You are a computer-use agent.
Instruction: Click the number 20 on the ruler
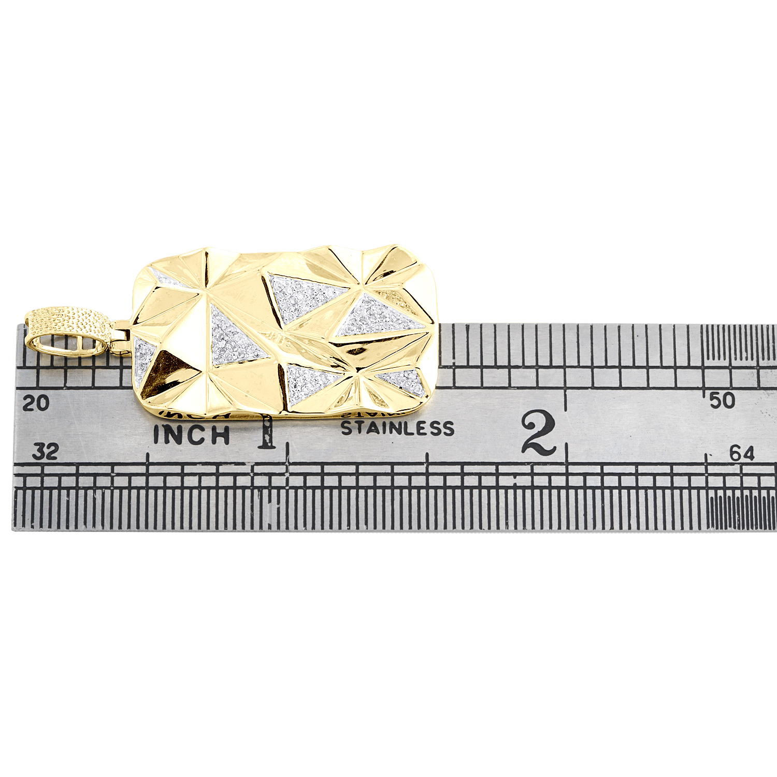coord(36,402)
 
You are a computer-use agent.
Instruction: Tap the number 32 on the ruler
coord(45,451)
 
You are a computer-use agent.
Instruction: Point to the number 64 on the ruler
coord(742,453)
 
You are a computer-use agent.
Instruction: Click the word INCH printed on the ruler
coord(192,435)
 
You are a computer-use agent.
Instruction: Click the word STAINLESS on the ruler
coord(397,428)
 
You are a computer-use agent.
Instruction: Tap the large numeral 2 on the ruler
coord(539,433)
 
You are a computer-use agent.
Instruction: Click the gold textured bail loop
coord(68,332)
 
